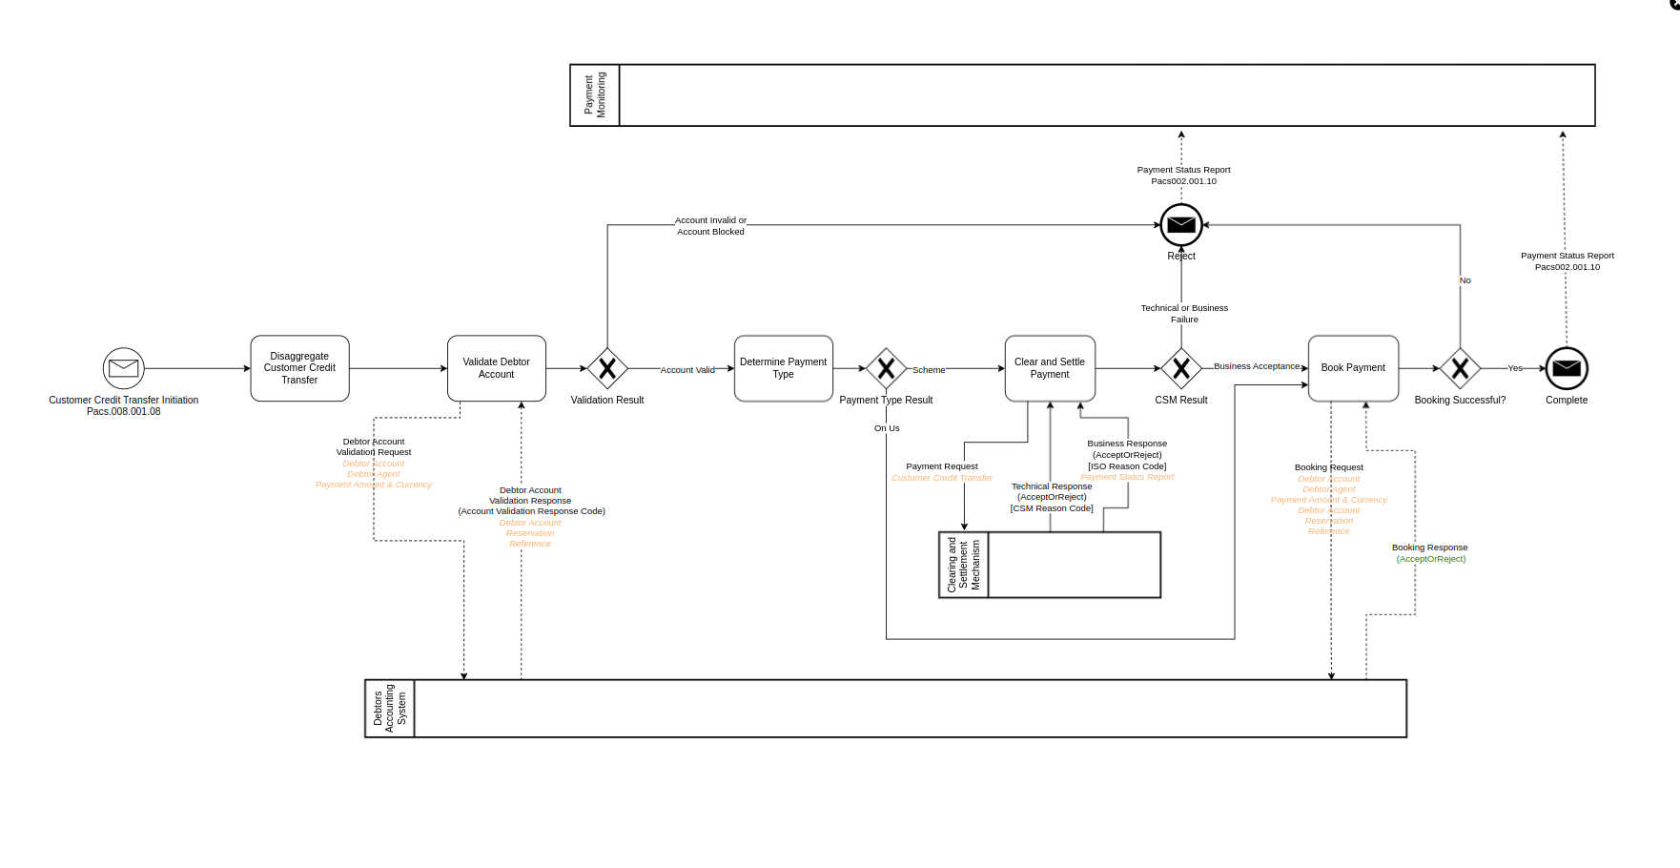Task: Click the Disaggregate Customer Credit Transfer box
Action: pyautogui.click(x=299, y=368)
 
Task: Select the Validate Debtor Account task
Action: pyautogui.click(x=496, y=368)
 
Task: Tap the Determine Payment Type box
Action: pyautogui.click(x=783, y=368)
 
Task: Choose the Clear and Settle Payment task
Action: pyautogui.click(x=1049, y=368)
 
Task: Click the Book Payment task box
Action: pyautogui.click(x=1353, y=368)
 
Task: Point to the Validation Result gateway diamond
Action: pyautogui.click(x=607, y=368)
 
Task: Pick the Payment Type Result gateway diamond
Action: pyautogui.click(x=886, y=368)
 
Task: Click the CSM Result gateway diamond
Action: pyautogui.click(x=1181, y=368)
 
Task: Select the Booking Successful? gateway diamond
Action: pyautogui.click(x=1460, y=368)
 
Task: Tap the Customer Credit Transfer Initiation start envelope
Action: pyautogui.click(x=124, y=368)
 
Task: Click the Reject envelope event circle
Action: pyautogui.click(x=1181, y=225)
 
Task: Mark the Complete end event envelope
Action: pyautogui.click(x=1567, y=368)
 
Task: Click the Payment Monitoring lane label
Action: pyautogui.click(x=595, y=95)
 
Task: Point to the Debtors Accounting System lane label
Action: pyautogui.click(x=390, y=709)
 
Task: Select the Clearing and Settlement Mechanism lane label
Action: pyautogui.click(x=964, y=565)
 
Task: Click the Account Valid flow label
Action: pyautogui.click(x=687, y=370)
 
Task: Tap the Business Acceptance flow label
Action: pyautogui.click(x=1257, y=366)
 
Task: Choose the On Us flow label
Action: pyautogui.click(x=887, y=428)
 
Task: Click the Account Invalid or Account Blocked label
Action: pyautogui.click(x=710, y=226)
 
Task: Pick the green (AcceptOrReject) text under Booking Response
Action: pyautogui.click(x=1431, y=559)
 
